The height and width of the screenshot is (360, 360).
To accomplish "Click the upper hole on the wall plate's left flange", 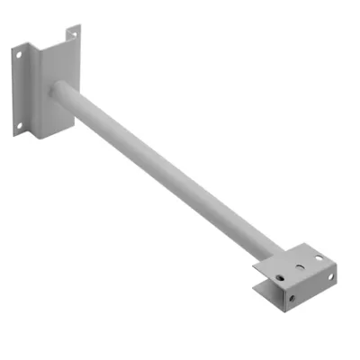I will (19, 53).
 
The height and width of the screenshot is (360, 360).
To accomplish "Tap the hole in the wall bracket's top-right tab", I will (73, 34).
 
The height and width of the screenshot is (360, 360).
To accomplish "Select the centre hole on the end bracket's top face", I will (300, 267).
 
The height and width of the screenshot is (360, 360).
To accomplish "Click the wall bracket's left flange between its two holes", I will (20, 89).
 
